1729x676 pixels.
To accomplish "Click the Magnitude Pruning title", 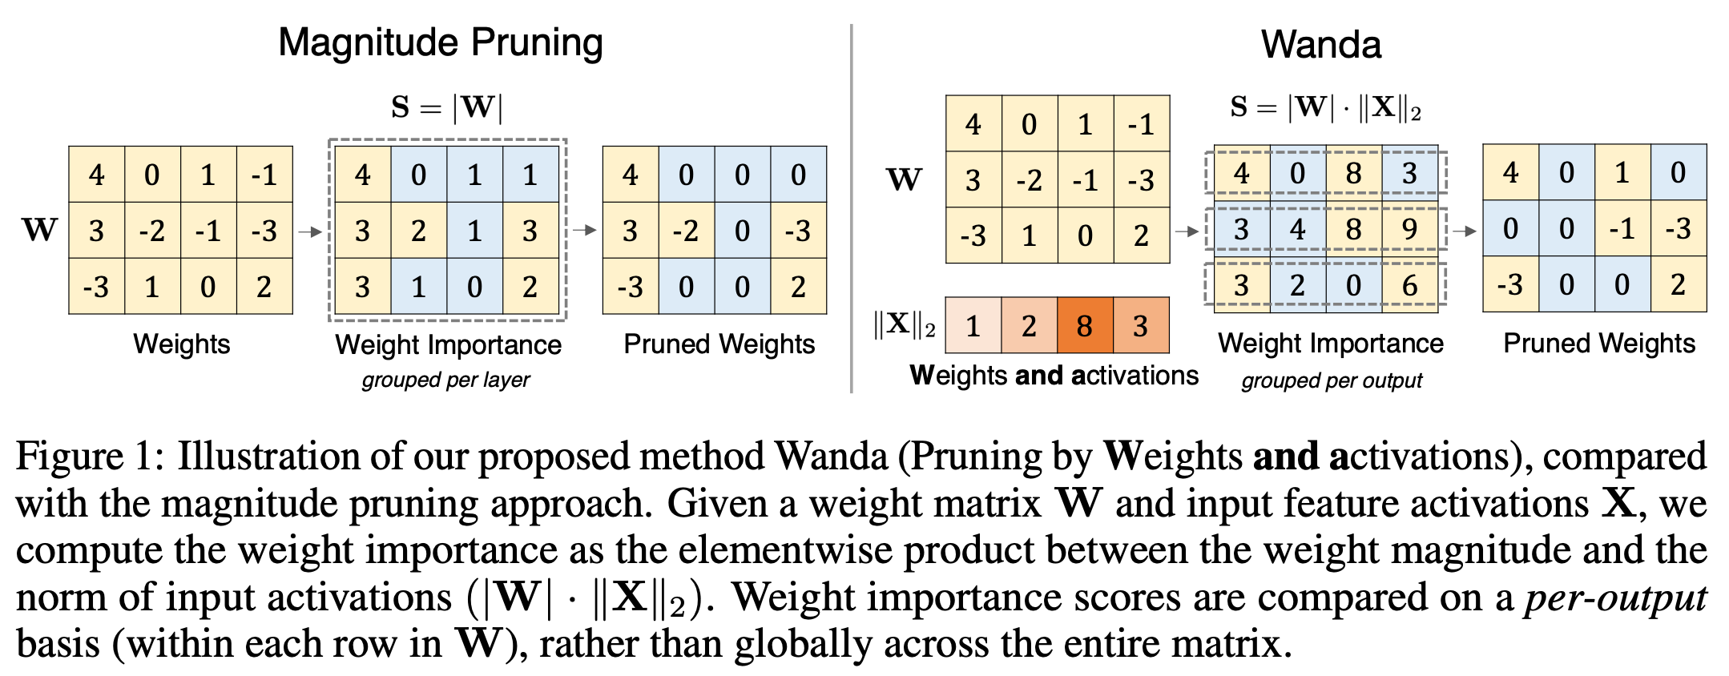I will click(440, 42).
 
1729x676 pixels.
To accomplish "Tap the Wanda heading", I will click(1320, 45).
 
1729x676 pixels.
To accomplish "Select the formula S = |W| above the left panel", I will click(446, 107).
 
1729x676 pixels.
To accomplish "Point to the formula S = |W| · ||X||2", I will click(1325, 107).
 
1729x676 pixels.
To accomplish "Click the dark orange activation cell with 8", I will click(1085, 325).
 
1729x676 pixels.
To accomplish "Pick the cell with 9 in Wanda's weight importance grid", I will click(1409, 230).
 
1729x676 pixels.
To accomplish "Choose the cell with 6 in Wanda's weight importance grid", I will click(1409, 285).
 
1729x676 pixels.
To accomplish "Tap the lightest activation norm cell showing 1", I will click(973, 325).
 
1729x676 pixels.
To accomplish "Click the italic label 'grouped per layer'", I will click(445, 380).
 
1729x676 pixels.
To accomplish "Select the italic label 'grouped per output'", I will click(1332, 380).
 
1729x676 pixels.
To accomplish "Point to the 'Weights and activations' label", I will click(1054, 375).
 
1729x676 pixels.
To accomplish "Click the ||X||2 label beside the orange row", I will click(904, 325).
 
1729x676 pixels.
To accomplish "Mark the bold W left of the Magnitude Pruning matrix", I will click(40, 231).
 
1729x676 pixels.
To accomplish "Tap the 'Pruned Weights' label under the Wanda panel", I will click(1598, 344).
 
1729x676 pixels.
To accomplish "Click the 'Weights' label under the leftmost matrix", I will click(181, 344).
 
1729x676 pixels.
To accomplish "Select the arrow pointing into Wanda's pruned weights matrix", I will click(1464, 231).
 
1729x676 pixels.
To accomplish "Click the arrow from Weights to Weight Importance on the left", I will click(310, 231).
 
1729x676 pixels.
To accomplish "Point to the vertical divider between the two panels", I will click(851, 208).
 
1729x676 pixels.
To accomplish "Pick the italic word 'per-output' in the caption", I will click(1615, 598).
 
